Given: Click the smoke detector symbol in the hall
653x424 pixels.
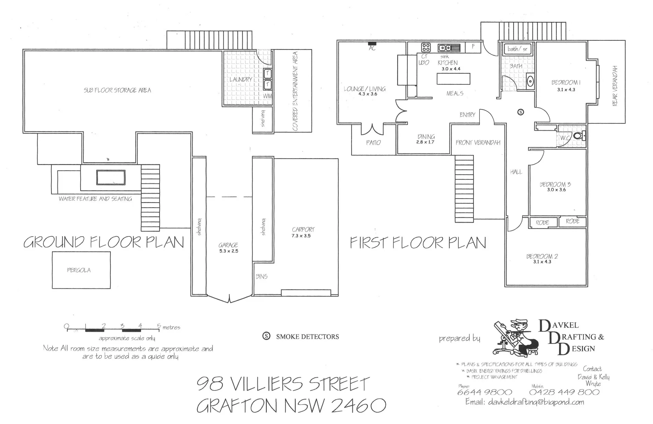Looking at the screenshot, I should coord(521,112).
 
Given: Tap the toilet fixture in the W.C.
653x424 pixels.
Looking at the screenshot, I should coord(579,136).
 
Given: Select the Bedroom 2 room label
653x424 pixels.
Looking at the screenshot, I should coord(542,256).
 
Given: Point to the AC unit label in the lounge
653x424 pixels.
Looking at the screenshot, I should coord(372,48).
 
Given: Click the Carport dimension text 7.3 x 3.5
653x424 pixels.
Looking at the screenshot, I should coord(301,236).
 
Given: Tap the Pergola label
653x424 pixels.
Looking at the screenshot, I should coord(79,270).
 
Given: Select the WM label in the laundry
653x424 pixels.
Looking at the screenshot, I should coord(267,96).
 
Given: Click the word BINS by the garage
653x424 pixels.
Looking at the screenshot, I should coord(262,276).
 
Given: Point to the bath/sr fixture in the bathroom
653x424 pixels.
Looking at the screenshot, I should coord(517,49).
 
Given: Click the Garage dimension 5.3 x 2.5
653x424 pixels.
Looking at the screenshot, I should coord(229,251).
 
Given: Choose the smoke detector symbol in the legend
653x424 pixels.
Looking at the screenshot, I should coord(266,336).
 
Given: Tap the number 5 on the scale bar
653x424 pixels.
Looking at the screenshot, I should coord(159,326).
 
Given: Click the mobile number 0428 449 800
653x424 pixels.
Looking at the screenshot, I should coord(565,392).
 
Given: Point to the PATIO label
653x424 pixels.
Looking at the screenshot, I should coord(373,143).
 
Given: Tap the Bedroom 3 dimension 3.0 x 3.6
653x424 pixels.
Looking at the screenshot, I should coord(556,190).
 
